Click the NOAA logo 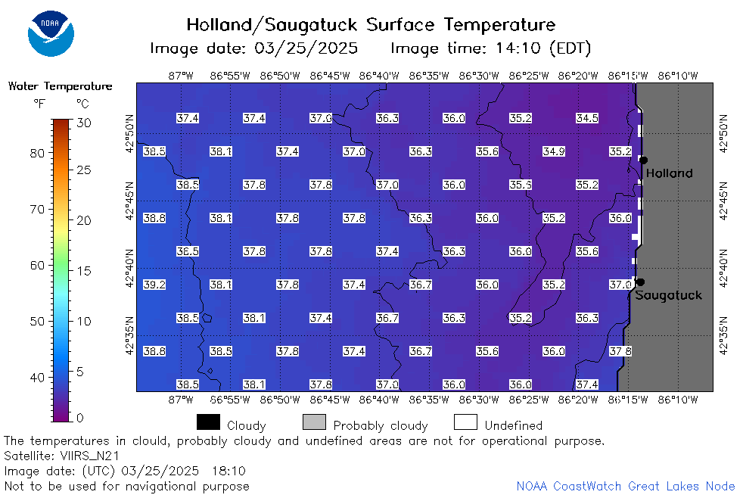(x=51, y=33)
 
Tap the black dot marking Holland (x=643, y=160)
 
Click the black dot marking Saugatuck (x=641, y=282)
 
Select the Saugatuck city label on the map (x=668, y=296)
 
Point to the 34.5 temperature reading (x=587, y=118)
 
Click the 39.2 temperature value (x=154, y=285)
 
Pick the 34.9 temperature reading (x=554, y=151)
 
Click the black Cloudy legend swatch (x=209, y=422)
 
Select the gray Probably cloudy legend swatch (x=314, y=422)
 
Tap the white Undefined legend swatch (x=465, y=422)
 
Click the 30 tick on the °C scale (x=84, y=123)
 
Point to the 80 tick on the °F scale (x=37, y=153)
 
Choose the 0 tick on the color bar (x=79, y=418)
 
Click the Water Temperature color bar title (x=61, y=86)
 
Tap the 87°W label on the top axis (x=181, y=76)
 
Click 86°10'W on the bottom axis (x=678, y=400)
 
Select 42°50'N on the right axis (x=723, y=134)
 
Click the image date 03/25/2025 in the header (x=306, y=48)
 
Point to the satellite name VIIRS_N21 (x=89, y=456)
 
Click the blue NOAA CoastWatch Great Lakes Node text (x=626, y=486)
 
